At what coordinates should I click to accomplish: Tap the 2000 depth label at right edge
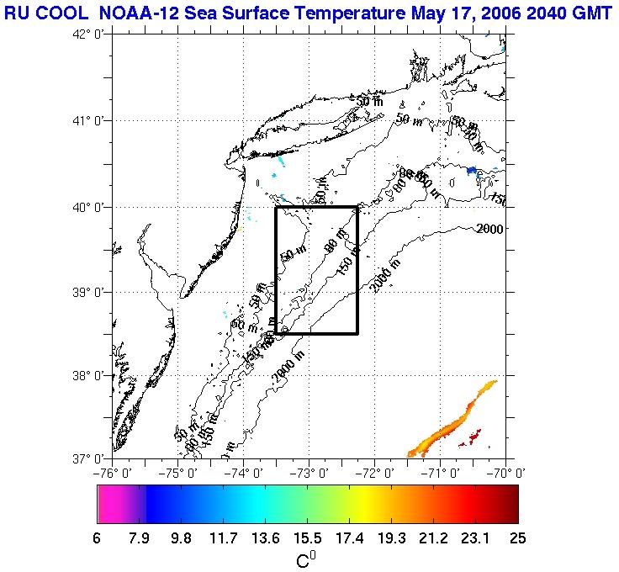[489, 228]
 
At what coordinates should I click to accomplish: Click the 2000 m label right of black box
[385, 274]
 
